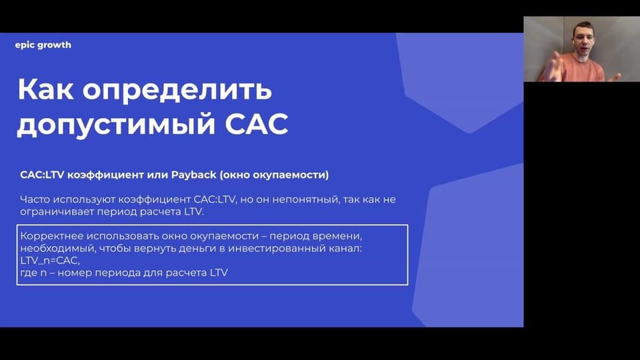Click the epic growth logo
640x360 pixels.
pos(43,45)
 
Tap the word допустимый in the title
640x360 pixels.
pos(116,125)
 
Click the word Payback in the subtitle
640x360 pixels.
pos(193,175)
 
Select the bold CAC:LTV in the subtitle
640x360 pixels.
pos(42,175)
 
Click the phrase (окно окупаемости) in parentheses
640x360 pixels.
pos(274,175)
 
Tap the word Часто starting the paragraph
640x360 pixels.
pos(35,199)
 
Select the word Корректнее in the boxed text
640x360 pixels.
pos(52,236)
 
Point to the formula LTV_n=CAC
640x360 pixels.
pos(49,261)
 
